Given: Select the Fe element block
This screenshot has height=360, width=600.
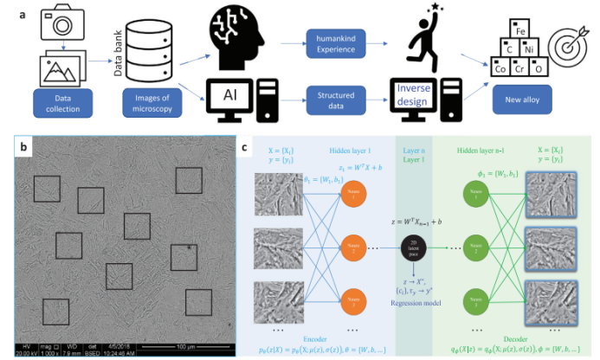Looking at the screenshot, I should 519,32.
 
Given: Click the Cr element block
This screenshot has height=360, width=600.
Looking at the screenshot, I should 521,67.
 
